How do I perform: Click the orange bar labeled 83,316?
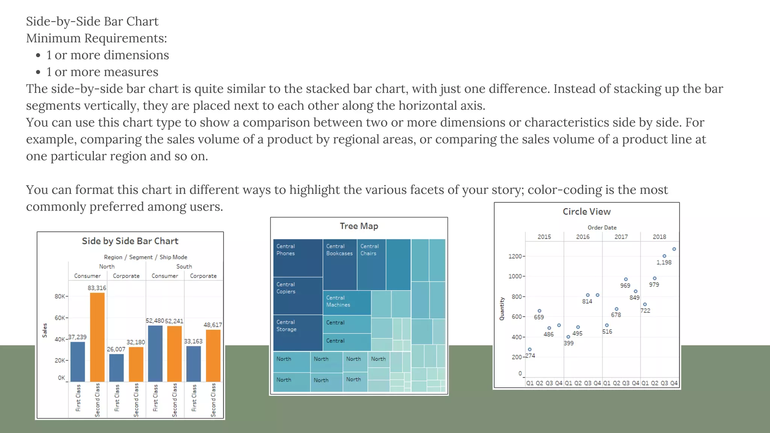(x=97, y=337)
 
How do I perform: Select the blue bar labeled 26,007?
(x=116, y=368)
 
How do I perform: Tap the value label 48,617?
(x=213, y=325)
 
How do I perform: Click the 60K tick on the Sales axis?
(x=60, y=318)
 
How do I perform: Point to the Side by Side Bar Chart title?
(x=130, y=241)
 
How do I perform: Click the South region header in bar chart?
(x=184, y=266)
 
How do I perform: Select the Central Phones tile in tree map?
(x=298, y=258)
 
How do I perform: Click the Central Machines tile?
(x=347, y=303)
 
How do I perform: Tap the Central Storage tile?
(x=298, y=333)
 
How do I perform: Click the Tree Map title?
(x=359, y=226)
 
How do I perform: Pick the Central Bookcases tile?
(x=340, y=265)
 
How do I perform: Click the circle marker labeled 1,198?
(x=664, y=256)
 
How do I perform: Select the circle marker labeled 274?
(x=530, y=350)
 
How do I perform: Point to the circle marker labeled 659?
(x=540, y=311)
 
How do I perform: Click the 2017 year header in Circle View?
(x=621, y=237)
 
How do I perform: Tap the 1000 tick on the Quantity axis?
(x=515, y=276)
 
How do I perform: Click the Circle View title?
(x=587, y=212)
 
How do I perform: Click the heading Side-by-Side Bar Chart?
(x=92, y=21)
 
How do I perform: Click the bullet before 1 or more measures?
(x=38, y=72)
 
